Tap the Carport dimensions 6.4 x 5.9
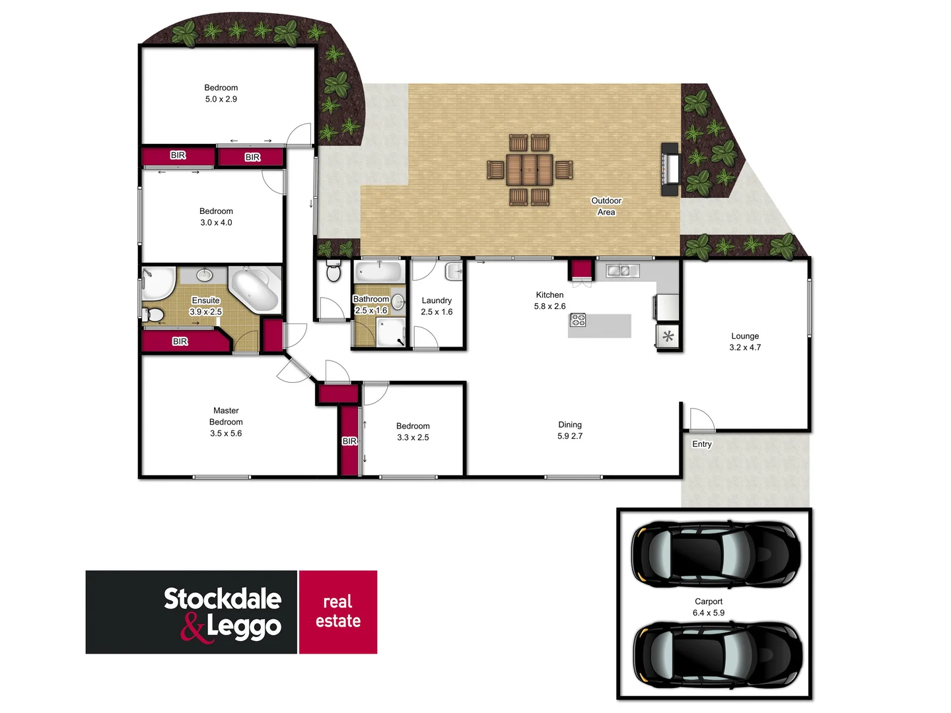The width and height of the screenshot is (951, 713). coord(708,613)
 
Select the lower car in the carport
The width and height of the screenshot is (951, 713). coord(717,654)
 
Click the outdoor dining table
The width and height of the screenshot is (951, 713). coord(529,170)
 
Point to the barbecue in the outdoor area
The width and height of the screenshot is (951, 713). coord(670,169)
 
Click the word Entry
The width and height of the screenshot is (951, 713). coord(701,444)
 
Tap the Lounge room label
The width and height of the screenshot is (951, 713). coord(745,336)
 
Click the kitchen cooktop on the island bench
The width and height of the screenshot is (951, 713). coord(578,320)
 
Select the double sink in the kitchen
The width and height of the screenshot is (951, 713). coord(622,271)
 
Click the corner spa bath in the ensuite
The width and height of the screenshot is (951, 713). coord(255,289)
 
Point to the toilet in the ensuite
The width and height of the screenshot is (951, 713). coord(153,314)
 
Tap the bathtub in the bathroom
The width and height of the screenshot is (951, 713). coord(378,271)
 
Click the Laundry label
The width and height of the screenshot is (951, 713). coord(437,300)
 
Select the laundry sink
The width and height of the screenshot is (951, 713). coord(454,271)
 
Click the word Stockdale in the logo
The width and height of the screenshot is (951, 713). coord(223,599)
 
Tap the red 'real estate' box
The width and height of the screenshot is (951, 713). coord(338,612)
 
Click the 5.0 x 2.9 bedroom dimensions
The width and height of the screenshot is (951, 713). coord(221,99)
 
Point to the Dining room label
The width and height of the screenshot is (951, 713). coord(570,424)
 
